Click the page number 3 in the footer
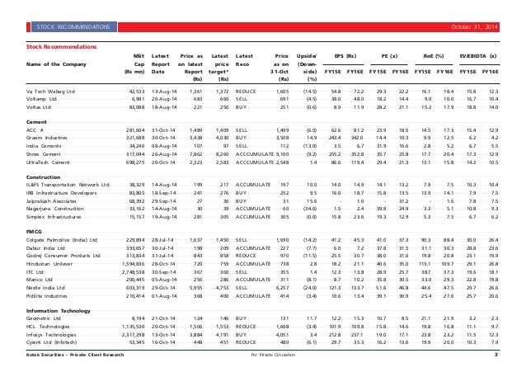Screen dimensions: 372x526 pyautogui.click(x=495, y=356)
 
